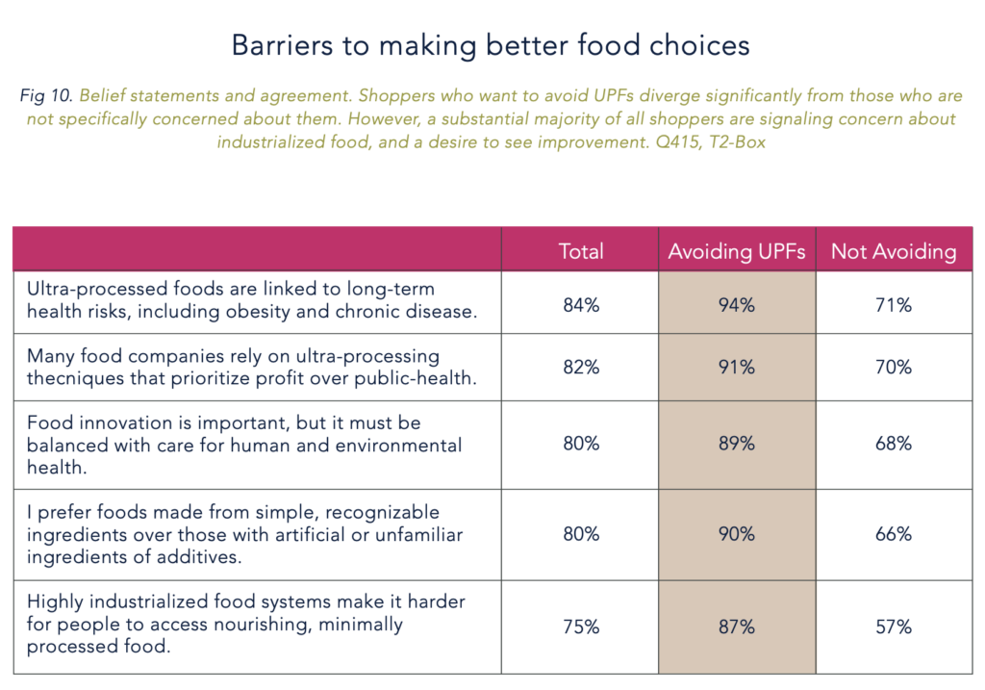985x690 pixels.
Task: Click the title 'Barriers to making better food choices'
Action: tap(492, 44)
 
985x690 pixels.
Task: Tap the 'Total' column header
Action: tap(581, 251)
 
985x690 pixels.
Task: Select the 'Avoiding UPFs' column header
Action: tap(737, 251)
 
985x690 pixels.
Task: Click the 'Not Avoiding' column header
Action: tap(894, 251)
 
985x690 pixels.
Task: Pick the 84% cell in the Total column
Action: tap(581, 305)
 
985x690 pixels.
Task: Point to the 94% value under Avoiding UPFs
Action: tap(737, 305)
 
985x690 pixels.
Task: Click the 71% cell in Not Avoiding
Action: tap(894, 305)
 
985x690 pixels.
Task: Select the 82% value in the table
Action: tap(581, 368)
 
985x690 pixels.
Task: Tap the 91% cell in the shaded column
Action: tap(737, 368)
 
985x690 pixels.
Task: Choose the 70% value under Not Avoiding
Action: tap(894, 368)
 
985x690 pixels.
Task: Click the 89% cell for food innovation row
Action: tap(737, 444)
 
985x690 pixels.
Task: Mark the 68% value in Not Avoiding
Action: tap(894, 444)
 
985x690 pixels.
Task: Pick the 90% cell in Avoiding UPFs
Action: tap(737, 534)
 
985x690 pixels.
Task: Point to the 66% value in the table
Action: tap(894, 534)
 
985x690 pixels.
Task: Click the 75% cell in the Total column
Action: tap(581, 626)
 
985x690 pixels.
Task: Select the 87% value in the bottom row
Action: tap(737, 626)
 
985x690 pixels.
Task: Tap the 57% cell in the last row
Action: tap(894, 626)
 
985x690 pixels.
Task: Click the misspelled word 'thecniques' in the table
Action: tap(72, 378)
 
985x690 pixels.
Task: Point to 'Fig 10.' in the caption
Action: tap(45, 96)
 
